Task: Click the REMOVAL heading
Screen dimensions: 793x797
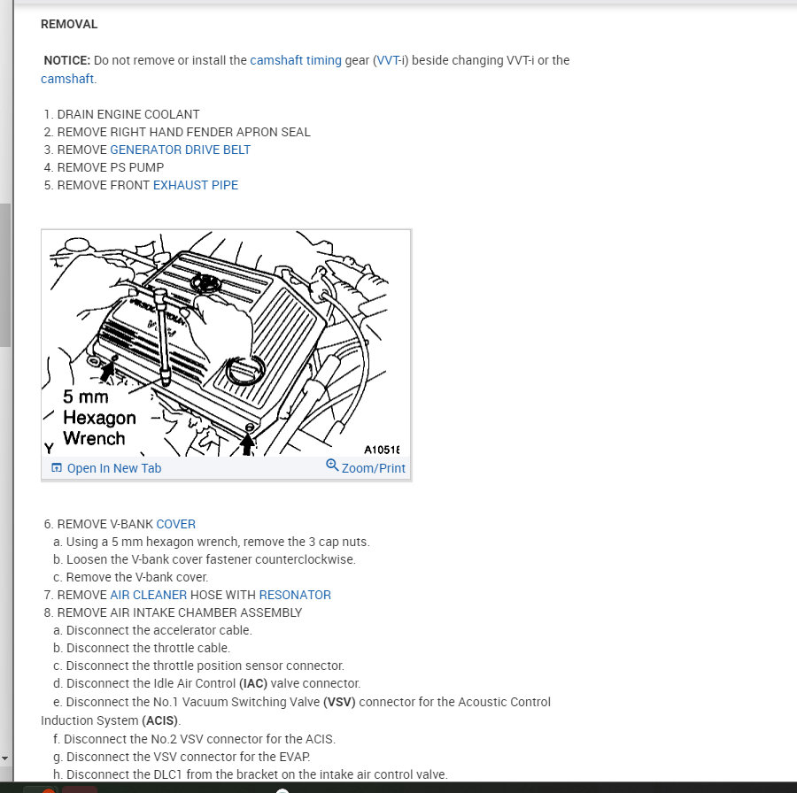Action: pyautogui.click(x=69, y=24)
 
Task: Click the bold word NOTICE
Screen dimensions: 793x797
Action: pyautogui.click(x=67, y=60)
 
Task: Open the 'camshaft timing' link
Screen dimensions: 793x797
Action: pyautogui.click(x=296, y=60)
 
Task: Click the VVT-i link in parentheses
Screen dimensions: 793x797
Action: pyautogui.click(x=391, y=60)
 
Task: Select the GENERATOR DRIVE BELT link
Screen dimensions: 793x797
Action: pyautogui.click(x=180, y=150)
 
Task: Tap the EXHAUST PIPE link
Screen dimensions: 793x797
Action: pyautogui.click(x=195, y=185)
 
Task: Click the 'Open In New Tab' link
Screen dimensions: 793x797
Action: pyautogui.click(x=113, y=468)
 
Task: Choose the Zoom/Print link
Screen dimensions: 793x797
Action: pyautogui.click(x=373, y=468)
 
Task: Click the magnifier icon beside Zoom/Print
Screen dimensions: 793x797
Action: pyautogui.click(x=332, y=466)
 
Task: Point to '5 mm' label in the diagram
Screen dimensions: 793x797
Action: pyautogui.click(x=86, y=396)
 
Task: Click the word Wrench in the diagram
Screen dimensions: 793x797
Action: pyautogui.click(x=94, y=437)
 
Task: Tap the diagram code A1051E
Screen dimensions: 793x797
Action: pyautogui.click(x=382, y=449)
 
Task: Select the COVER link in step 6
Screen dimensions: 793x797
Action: pyautogui.click(x=175, y=524)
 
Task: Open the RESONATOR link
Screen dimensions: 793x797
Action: pyautogui.click(x=295, y=595)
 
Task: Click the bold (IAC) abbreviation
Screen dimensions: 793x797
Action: pyautogui.click(x=257, y=683)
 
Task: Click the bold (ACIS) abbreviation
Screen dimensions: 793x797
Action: pyautogui.click(x=159, y=720)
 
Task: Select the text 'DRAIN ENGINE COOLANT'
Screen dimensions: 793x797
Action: pyautogui.click(x=128, y=114)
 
